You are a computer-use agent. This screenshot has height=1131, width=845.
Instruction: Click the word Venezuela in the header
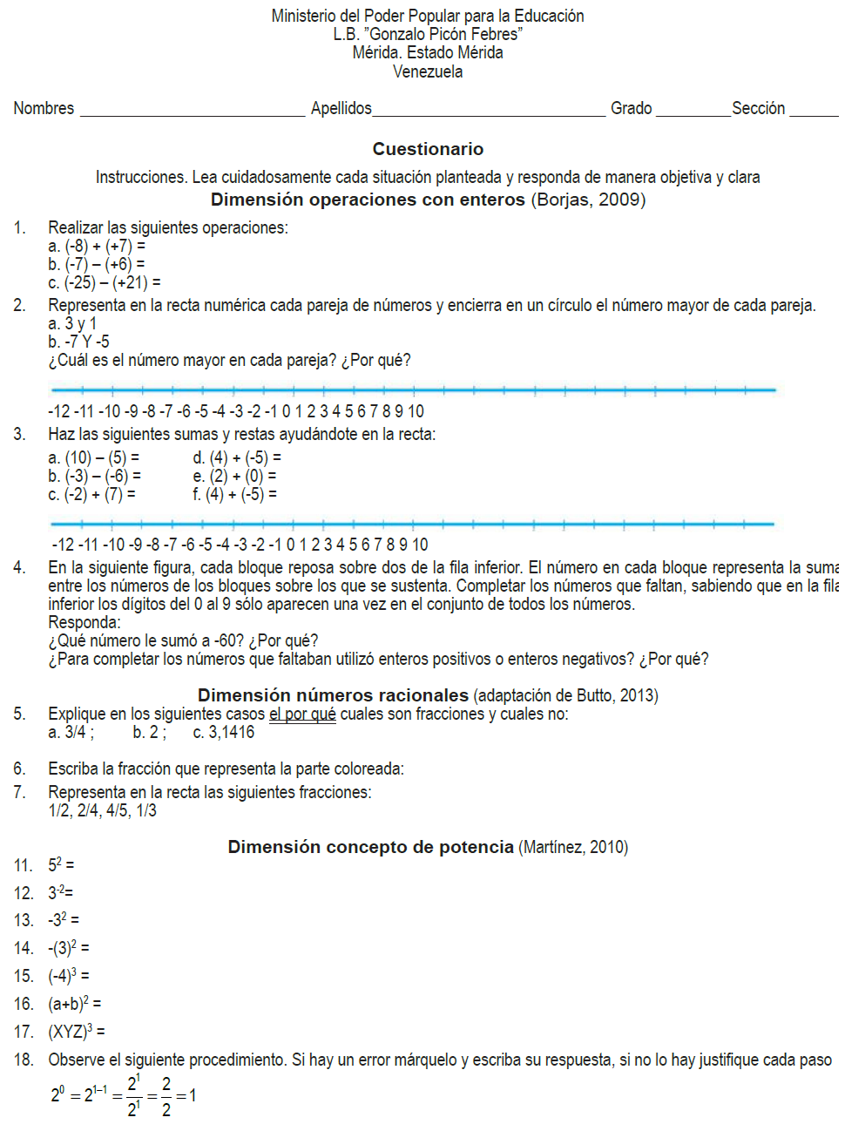pos(428,71)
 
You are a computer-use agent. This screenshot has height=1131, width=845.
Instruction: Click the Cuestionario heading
pos(428,149)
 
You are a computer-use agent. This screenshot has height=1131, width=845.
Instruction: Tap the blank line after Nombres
pos(192,113)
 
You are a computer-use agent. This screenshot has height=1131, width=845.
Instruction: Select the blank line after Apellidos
pos(489,113)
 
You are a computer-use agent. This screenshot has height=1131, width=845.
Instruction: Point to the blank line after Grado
pos(693,113)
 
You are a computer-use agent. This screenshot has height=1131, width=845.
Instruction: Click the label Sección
pos(758,108)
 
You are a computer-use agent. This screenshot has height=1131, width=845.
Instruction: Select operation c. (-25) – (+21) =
pos(105,282)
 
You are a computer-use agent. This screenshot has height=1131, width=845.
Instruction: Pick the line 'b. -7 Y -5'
pos(78,342)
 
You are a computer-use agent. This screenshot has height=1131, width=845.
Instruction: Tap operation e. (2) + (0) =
pos(234,476)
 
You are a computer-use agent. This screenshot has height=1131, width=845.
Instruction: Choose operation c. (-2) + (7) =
pos(91,494)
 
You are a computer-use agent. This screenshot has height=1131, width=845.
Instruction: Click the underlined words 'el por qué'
pos(302,714)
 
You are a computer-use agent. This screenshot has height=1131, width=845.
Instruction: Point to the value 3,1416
pos(231,732)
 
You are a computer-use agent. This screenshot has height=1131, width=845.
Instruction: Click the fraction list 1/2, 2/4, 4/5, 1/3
pos(102,810)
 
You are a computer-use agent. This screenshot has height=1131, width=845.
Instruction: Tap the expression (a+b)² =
pos(74,1004)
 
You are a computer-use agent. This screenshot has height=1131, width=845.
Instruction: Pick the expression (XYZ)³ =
pos(76,1032)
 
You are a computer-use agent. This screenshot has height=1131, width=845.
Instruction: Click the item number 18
pos(24,1060)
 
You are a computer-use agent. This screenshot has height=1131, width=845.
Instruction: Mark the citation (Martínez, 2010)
pos(573,847)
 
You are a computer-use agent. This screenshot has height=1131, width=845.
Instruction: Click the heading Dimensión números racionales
pos(333,695)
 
